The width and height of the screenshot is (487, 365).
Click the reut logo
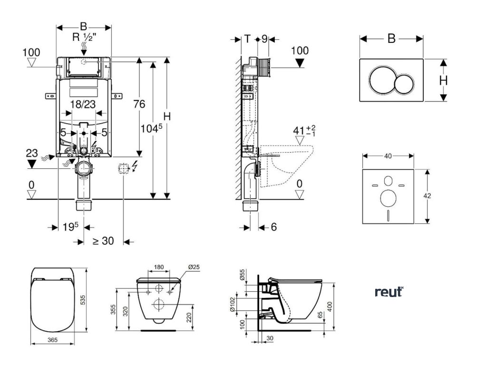tap(389, 291)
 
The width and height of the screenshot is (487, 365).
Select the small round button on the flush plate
tap(404, 84)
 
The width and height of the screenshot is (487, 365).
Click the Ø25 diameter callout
tap(194, 267)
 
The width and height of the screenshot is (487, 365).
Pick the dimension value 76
tap(138, 105)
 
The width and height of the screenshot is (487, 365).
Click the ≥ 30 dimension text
tap(103, 241)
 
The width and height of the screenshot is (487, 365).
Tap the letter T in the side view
tap(247, 39)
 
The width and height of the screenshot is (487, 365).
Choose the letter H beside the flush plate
tap(443, 81)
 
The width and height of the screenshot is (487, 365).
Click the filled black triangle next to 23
tap(32, 164)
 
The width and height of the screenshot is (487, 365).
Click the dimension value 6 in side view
tap(273, 227)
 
